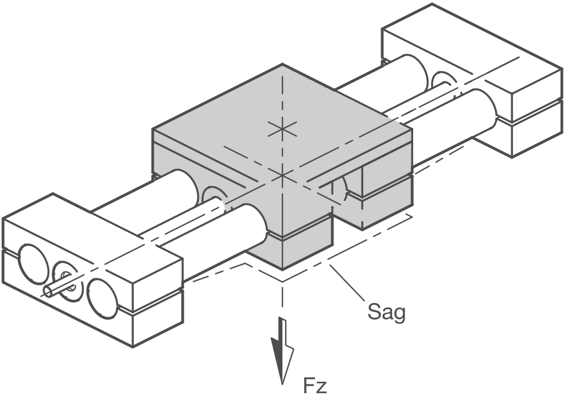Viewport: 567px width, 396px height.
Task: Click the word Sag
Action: pos(386,312)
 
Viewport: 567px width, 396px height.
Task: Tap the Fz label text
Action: pos(315,386)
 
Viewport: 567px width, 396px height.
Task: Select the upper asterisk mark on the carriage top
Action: pos(282,129)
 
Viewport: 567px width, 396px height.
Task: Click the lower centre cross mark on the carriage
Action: pos(282,176)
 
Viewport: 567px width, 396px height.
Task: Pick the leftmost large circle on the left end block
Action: pos(33,264)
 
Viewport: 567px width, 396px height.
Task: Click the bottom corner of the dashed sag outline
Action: pos(282,281)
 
